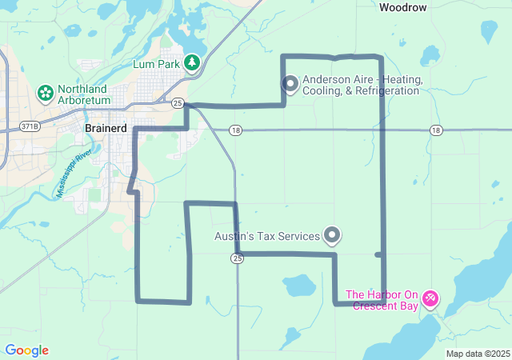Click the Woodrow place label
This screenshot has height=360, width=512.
click(x=403, y=7)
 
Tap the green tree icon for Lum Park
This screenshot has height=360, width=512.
click(x=192, y=62)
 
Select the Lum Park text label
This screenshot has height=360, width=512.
click(x=157, y=63)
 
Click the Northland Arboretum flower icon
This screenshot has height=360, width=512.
click(x=45, y=94)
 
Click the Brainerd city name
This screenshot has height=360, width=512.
click(x=104, y=128)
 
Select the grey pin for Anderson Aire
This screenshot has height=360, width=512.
click(x=290, y=83)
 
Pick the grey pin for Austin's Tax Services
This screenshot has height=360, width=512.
click(x=332, y=235)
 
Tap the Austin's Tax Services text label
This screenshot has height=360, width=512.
click(x=267, y=236)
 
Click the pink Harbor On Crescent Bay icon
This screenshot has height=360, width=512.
click(x=430, y=298)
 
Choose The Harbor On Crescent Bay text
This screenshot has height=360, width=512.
click(x=382, y=299)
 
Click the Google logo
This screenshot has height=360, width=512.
click(x=26, y=350)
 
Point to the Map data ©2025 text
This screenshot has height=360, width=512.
click(x=478, y=354)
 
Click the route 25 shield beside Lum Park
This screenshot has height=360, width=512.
click(x=178, y=104)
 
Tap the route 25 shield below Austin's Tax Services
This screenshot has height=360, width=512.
click(x=237, y=258)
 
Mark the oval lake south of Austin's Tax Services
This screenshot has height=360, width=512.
click(x=298, y=285)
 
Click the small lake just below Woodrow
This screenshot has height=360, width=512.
click(x=430, y=54)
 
